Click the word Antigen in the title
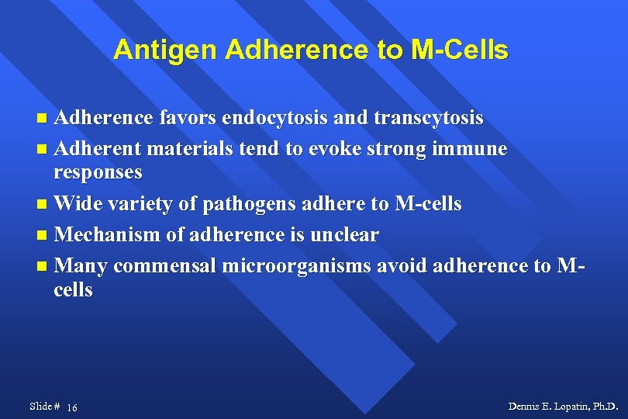tap(165, 50)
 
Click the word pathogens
tap(247, 204)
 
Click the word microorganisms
tap(297, 266)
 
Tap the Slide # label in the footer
tap(45, 407)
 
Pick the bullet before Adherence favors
tap(43, 119)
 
